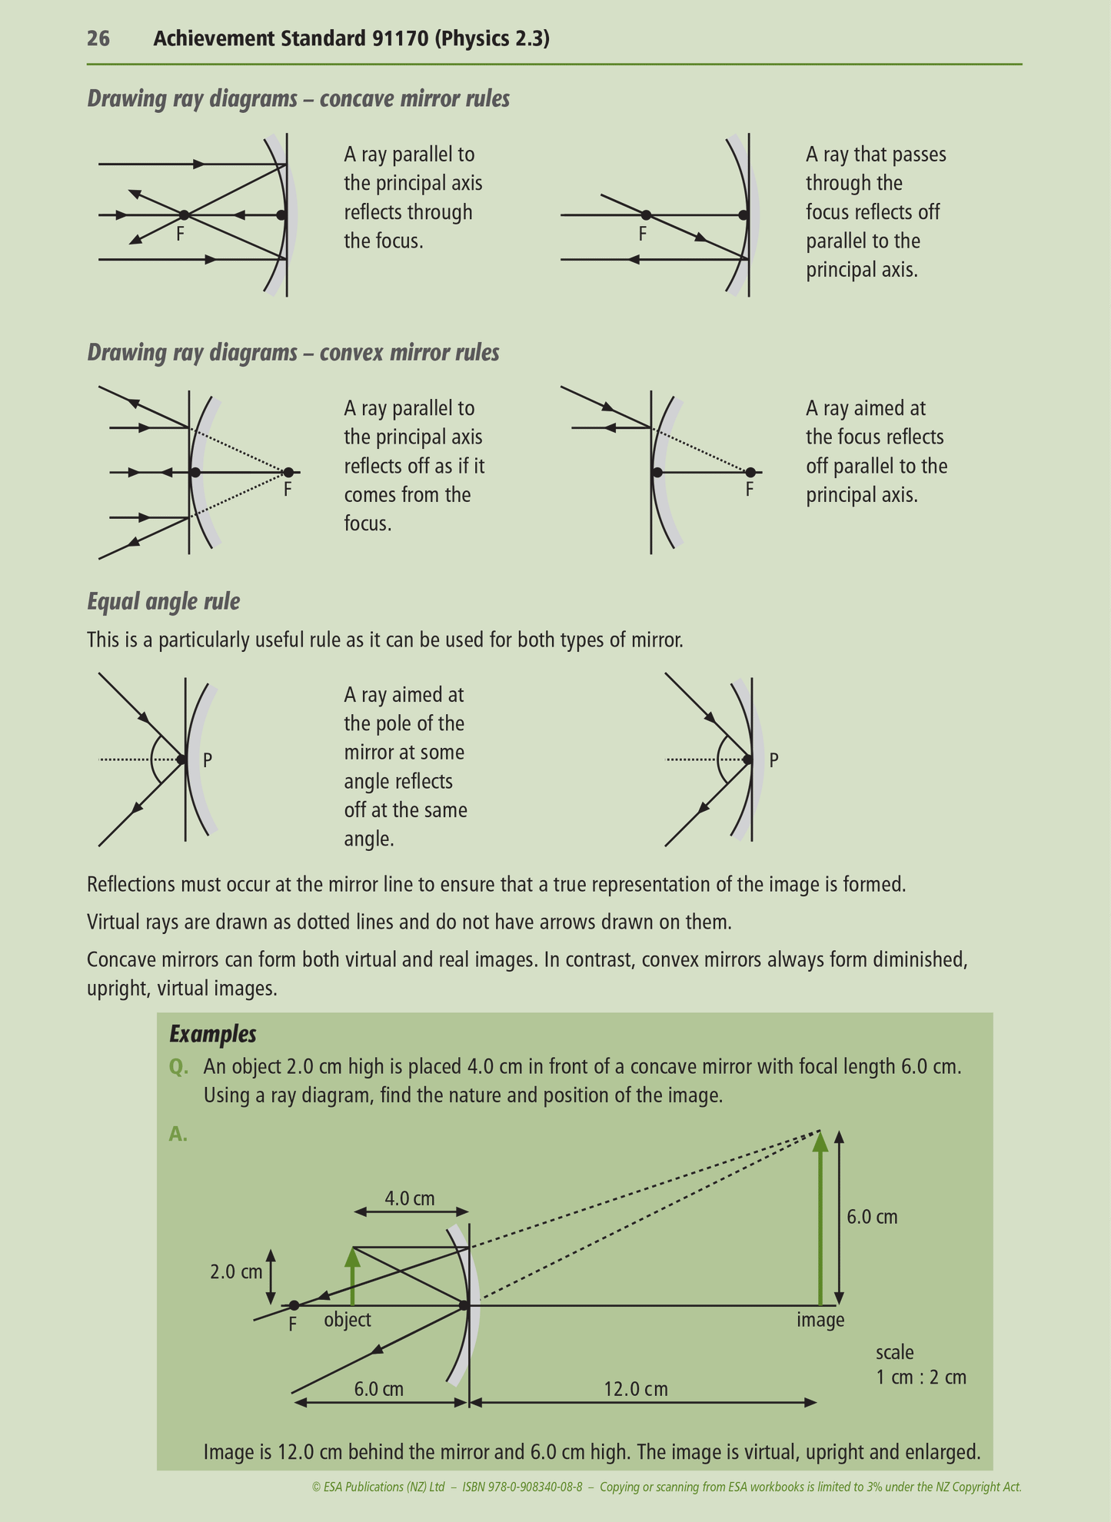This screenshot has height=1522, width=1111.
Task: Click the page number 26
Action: point(98,38)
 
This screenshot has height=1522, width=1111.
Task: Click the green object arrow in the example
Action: point(352,1276)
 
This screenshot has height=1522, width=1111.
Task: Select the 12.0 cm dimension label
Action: point(635,1389)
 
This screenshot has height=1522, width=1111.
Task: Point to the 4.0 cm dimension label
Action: point(410,1198)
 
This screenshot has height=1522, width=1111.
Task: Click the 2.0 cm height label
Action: point(236,1272)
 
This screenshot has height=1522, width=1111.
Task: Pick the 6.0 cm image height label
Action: point(872,1217)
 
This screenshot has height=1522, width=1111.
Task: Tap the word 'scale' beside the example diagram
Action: point(894,1351)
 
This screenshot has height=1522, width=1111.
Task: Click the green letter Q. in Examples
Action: point(178,1067)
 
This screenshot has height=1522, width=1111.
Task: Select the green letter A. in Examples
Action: point(178,1134)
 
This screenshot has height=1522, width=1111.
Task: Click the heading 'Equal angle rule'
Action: point(163,601)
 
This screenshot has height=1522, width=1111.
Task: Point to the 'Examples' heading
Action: point(213,1034)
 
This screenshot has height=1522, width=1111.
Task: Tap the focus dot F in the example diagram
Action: point(294,1305)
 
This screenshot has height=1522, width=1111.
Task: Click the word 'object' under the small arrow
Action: point(348,1320)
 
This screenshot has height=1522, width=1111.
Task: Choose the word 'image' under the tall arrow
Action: point(820,1320)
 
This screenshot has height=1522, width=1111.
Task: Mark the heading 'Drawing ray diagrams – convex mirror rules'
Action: point(293,353)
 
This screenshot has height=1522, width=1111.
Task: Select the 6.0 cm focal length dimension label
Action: point(378,1389)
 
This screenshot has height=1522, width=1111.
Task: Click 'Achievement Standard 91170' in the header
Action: point(291,38)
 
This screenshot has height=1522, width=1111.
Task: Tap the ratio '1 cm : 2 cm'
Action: point(920,1377)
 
